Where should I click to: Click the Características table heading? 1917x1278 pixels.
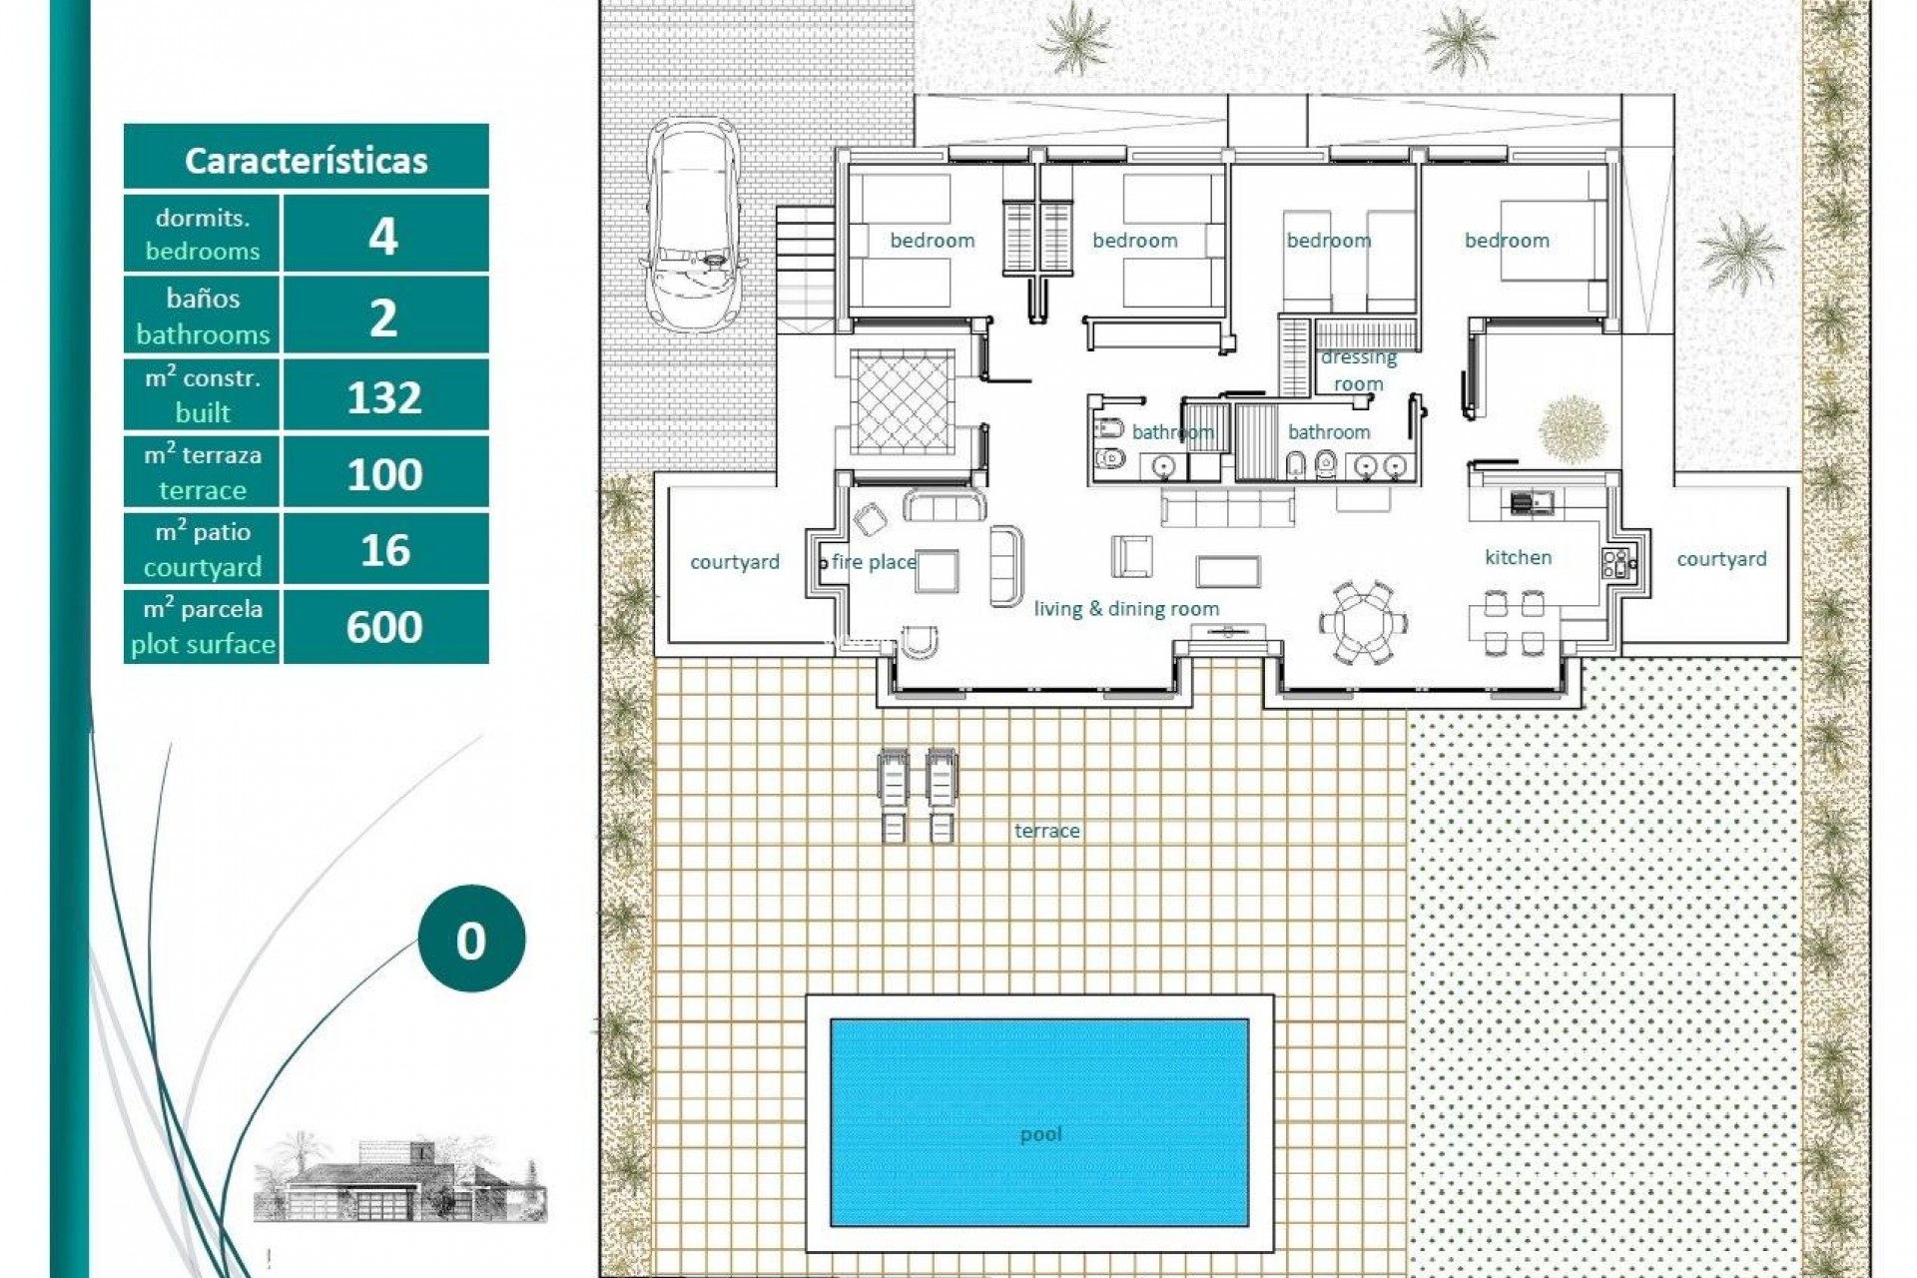pos(306,160)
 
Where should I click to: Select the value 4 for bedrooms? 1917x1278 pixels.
pos(384,237)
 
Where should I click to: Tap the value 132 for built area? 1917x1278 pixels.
pos(384,397)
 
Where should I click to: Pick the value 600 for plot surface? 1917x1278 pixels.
pos(384,627)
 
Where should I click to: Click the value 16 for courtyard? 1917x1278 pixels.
pos(384,550)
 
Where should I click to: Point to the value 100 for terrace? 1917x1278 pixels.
pos(384,474)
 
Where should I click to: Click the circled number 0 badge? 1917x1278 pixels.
pos(471,940)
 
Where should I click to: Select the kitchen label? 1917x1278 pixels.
pos(1518,557)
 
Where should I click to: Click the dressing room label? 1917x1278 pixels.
pos(1358,370)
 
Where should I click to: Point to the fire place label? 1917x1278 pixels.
pos(874,562)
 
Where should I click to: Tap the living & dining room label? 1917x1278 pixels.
pos(1126,608)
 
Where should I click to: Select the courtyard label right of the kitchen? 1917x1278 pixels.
pos(1721,559)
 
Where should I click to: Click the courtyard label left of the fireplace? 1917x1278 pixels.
pos(735,562)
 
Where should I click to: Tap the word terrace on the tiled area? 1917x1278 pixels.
pos(1046,830)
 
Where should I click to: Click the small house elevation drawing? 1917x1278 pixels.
pos(399,1178)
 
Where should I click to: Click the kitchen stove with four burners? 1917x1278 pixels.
pos(1613,564)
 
